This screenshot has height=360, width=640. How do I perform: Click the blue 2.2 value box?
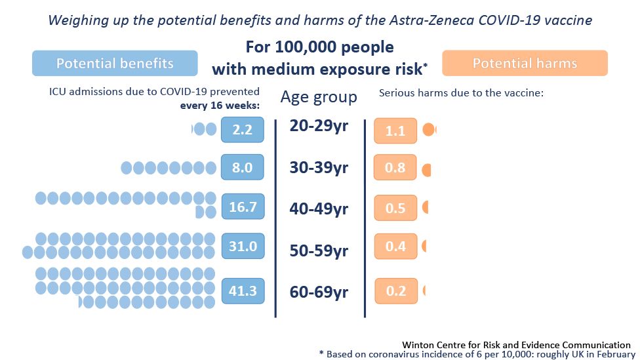click(243, 130)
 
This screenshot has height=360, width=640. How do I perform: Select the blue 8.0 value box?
click(243, 168)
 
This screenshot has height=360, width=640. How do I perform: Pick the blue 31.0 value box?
click(243, 246)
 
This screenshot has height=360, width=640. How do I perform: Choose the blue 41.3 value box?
click(243, 290)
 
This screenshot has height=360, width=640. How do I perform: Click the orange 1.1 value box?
click(395, 130)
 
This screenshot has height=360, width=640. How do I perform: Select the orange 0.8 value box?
click(395, 168)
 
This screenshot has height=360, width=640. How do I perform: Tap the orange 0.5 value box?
click(395, 208)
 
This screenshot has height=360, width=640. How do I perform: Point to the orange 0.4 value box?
click(395, 247)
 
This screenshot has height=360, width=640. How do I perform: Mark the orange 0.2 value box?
click(396, 291)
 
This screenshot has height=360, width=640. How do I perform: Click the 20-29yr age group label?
click(319, 126)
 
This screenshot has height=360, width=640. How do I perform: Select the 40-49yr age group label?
click(319, 209)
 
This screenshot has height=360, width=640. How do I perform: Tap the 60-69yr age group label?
click(319, 292)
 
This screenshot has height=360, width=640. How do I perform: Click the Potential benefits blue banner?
click(115, 64)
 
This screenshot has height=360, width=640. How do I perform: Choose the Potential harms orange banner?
click(525, 64)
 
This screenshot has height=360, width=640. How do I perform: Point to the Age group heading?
click(319, 98)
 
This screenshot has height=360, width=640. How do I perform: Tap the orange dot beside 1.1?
click(430, 130)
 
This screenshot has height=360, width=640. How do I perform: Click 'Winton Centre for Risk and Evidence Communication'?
click(517, 344)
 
